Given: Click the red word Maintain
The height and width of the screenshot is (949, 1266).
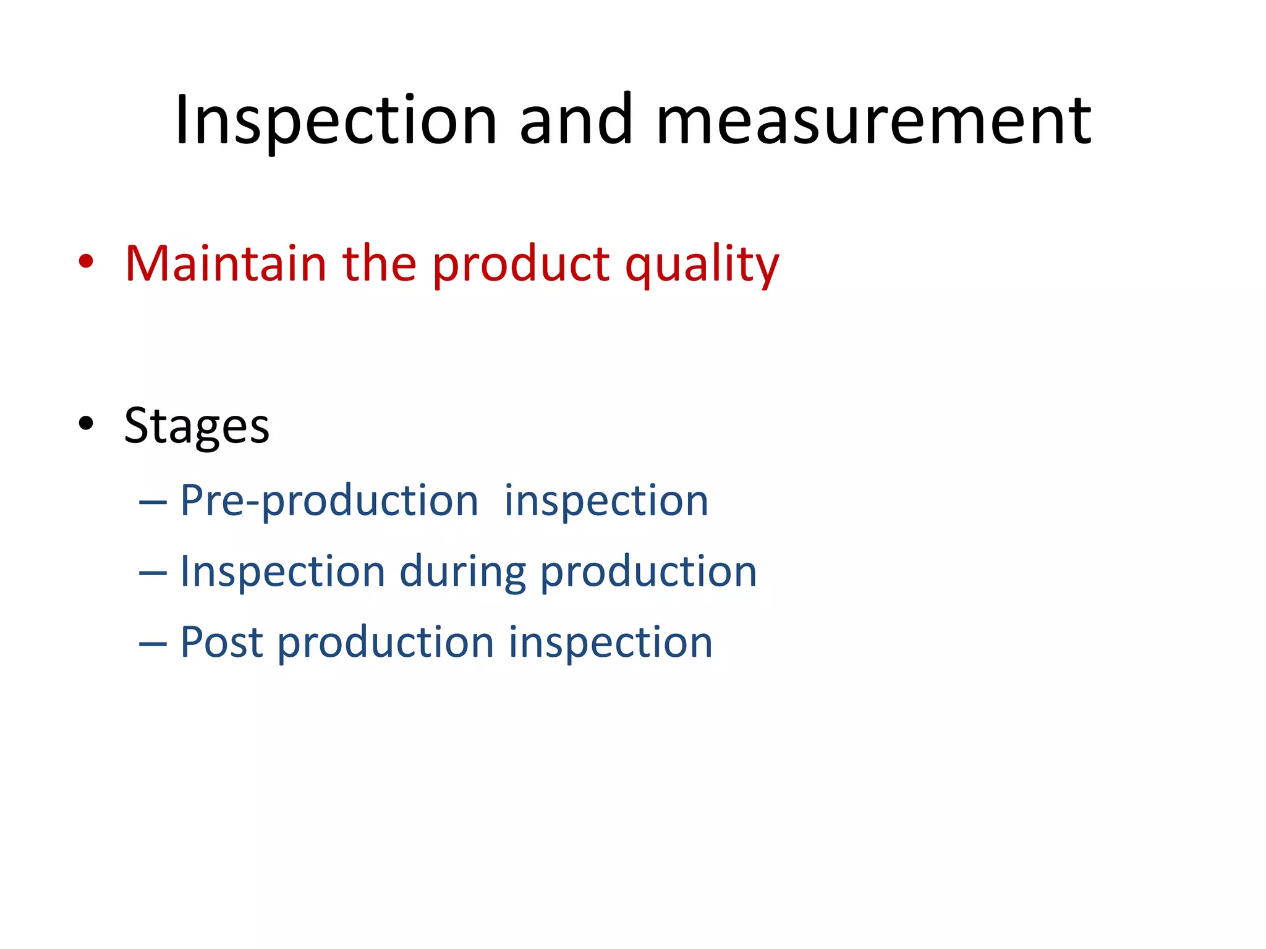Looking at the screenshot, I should [x=226, y=264].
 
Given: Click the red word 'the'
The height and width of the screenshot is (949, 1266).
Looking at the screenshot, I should [x=379, y=264].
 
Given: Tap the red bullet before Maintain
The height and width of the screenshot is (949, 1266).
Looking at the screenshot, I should [x=86, y=262].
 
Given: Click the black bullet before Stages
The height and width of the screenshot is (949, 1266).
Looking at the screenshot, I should [x=86, y=424].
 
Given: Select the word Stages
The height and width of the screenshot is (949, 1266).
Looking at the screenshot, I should [x=197, y=426].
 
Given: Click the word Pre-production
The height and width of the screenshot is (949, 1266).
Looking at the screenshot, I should [x=329, y=500].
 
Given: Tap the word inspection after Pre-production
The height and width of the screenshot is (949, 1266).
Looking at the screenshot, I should [x=606, y=500].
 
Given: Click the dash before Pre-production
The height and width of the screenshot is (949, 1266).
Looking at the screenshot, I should [x=153, y=503].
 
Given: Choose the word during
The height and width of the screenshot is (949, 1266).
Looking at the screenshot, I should [x=462, y=572].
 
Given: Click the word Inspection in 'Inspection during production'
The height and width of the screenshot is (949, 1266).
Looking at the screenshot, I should [x=283, y=572].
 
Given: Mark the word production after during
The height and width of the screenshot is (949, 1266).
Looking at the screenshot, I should [x=648, y=572].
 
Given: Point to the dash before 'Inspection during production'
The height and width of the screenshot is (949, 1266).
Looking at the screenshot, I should [x=153, y=574].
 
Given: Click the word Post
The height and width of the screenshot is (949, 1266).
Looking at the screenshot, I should [x=221, y=643].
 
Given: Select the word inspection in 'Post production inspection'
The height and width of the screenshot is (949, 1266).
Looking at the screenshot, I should [x=610, y=643].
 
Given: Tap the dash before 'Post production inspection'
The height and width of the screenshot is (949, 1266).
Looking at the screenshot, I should [x=153, y=645].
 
